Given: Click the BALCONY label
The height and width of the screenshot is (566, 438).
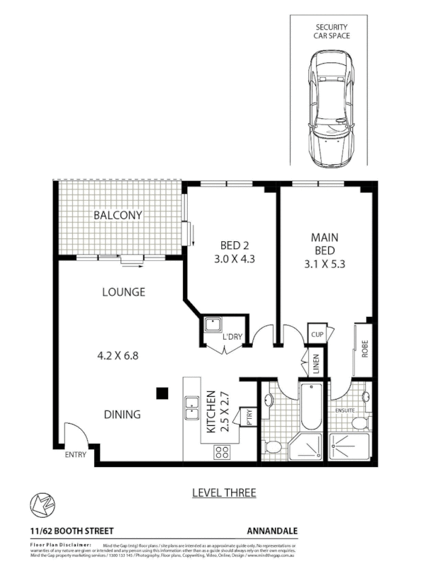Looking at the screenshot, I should point(118,215).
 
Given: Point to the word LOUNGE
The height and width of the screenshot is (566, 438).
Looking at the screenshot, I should point(123,291).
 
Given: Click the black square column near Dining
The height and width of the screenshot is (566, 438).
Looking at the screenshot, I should point(162,392).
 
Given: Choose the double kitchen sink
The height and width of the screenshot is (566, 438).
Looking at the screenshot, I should point(191,408).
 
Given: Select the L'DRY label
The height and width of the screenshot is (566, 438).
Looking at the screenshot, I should point(232,337).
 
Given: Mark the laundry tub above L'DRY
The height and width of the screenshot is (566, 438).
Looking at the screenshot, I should point(213,326).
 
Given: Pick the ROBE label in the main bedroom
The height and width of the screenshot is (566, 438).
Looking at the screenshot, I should point(364,350).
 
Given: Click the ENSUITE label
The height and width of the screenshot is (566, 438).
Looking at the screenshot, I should point(347,410).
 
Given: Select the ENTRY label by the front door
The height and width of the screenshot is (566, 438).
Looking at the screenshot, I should point(75,455).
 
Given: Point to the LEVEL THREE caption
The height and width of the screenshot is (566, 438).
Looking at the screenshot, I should point(223,492).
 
